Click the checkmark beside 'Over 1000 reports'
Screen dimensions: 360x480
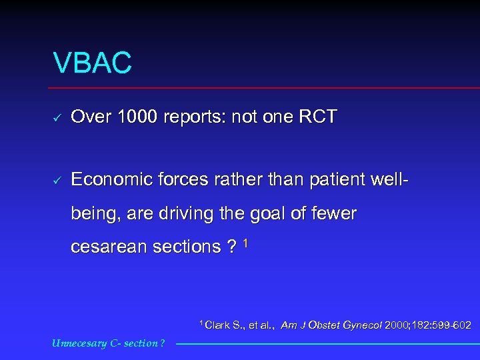tap(58, 118)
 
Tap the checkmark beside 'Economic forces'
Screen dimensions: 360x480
tap(58, 180)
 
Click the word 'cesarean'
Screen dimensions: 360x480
tap(109, 247)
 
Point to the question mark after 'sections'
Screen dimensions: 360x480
tap(231, 247)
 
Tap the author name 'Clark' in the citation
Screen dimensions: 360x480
tap(217, 325)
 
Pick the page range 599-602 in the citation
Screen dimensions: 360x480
tap(453, 325)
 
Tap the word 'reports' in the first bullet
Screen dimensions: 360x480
tap(189, 118)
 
